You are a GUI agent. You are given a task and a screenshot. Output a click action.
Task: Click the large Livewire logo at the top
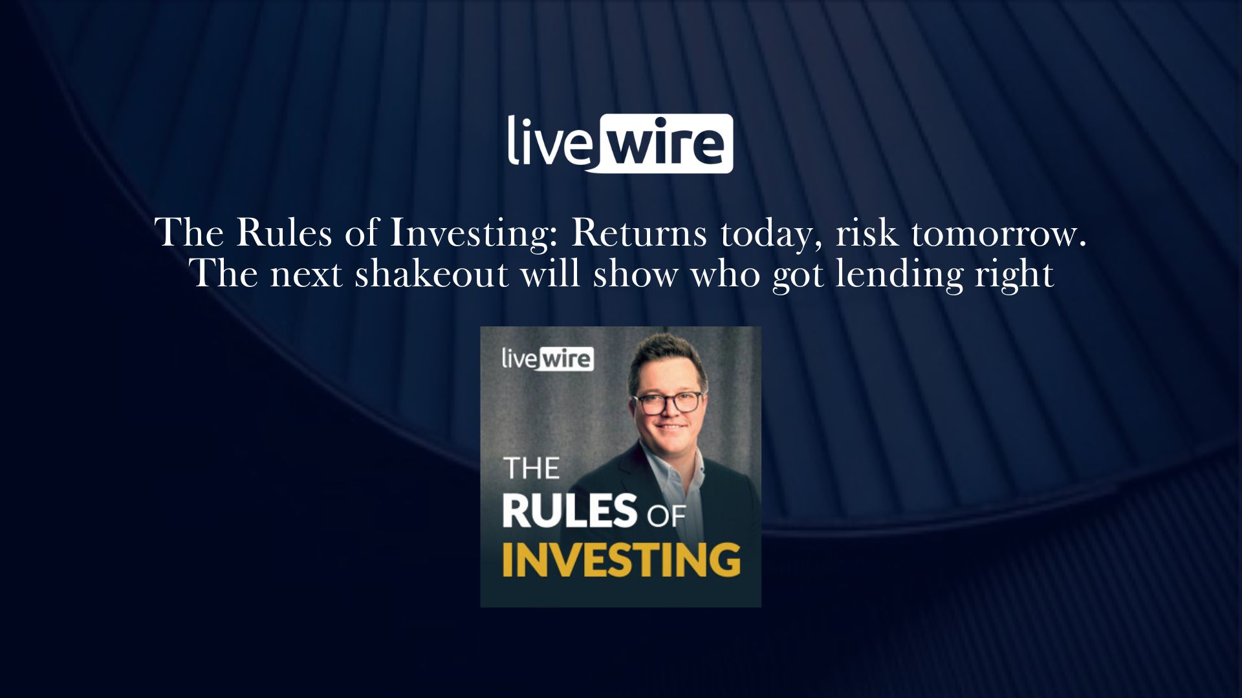(x=620, y=143)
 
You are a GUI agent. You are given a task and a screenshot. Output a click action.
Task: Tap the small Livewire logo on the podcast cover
(x=548, y=359)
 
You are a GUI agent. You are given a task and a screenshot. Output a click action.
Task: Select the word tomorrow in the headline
(x=999, y=234)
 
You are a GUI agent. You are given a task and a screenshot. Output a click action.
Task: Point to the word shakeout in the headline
(x=431, y=273)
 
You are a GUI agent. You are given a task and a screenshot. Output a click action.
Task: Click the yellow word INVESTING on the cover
(x=621, y=560)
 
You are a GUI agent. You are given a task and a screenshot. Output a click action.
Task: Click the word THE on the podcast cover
(x=531, y=469)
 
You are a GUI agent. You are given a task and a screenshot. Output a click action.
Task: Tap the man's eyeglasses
(x=668, y=403)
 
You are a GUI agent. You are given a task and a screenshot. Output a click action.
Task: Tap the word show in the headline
(x=635, y=273)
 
